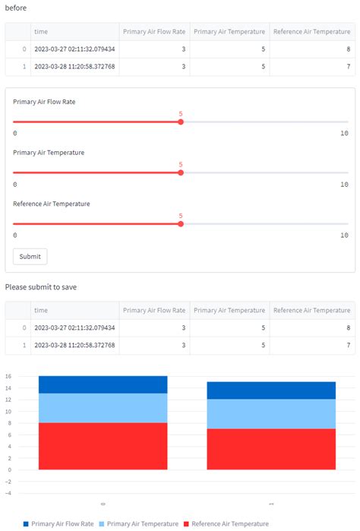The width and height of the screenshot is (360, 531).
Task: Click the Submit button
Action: (x=30, y=256)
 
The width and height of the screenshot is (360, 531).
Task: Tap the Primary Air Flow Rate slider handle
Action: (x=181, y=122)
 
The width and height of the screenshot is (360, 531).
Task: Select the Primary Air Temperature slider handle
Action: (x=181, y=172)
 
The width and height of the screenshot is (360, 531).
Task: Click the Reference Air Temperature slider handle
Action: (x=181, y=223)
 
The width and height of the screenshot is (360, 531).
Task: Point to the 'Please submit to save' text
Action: (x=40, y=287)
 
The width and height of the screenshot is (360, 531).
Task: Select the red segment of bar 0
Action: (x=103, y=446)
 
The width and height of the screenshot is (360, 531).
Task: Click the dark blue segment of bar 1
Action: (x=271, y=390)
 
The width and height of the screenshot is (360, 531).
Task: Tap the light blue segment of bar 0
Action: (x=103, y=408)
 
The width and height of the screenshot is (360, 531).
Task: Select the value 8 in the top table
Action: (x=348, y=49)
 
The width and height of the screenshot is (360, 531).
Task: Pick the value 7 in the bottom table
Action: (x=348, y=345)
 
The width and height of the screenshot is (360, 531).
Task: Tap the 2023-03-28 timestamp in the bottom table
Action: (x=74, y=345)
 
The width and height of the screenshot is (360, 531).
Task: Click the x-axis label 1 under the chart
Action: (x=271, y=504)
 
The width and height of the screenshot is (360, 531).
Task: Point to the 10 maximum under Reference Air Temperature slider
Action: (x=344, y=235)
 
